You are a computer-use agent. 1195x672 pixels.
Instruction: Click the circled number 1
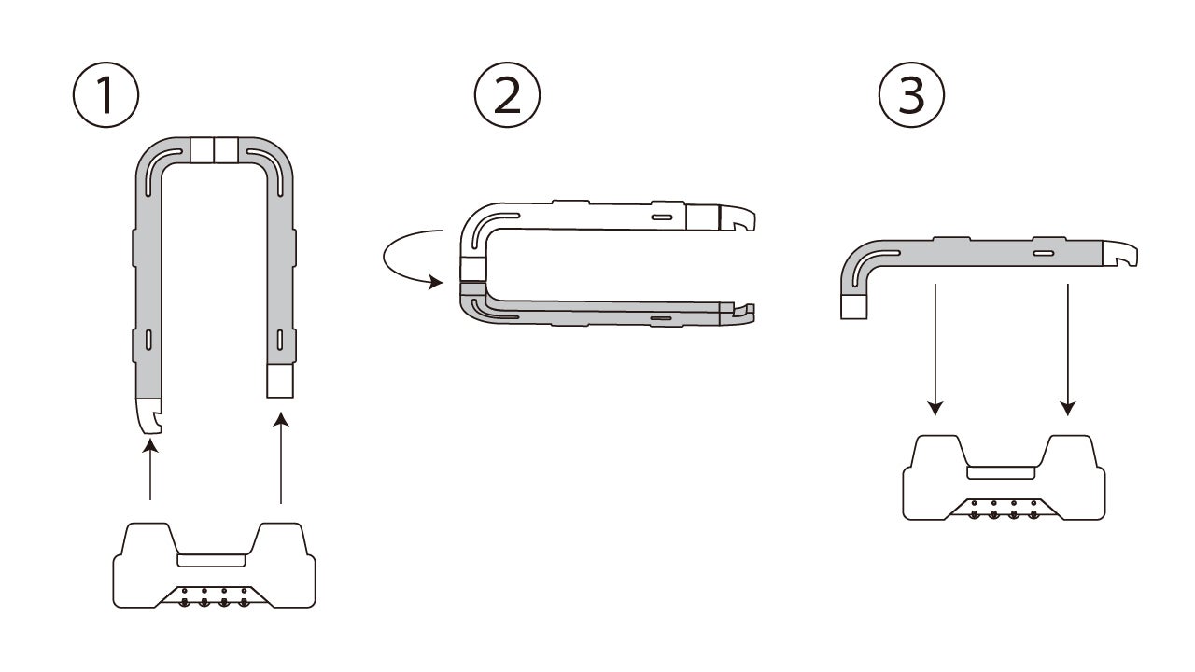(105, 95)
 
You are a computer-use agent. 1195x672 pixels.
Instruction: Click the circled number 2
(507, 95)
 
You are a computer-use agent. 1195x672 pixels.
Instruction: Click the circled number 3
(911, 95)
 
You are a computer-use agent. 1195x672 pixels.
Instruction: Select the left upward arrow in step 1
(150, 469)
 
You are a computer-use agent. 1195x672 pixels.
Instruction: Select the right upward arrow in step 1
(281, 457)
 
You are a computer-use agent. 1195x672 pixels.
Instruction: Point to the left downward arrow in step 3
(935, 349)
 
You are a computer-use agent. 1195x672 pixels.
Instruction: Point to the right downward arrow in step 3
(1067, 349)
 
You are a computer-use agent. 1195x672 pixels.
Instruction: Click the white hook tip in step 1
(148, 416)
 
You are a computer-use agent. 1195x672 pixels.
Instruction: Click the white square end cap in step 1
(280, 381)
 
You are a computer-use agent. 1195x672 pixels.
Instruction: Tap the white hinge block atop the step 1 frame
(214, 150)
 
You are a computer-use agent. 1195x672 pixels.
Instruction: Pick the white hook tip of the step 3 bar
(1119, 253)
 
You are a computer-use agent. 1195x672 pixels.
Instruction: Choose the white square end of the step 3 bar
(853, 307)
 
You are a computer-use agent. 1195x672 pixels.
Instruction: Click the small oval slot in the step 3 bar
(1044, 253)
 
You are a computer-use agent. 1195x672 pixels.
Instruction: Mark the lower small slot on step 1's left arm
(148, 340)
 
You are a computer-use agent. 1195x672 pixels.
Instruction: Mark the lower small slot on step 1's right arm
(279, 340)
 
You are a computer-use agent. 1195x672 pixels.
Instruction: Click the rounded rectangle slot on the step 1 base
(211, 560)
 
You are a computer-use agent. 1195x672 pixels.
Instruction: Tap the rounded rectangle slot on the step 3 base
(1001, 472)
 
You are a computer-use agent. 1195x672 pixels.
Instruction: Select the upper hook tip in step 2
(738, 218)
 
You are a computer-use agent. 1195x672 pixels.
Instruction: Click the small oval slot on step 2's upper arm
(662, 217)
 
